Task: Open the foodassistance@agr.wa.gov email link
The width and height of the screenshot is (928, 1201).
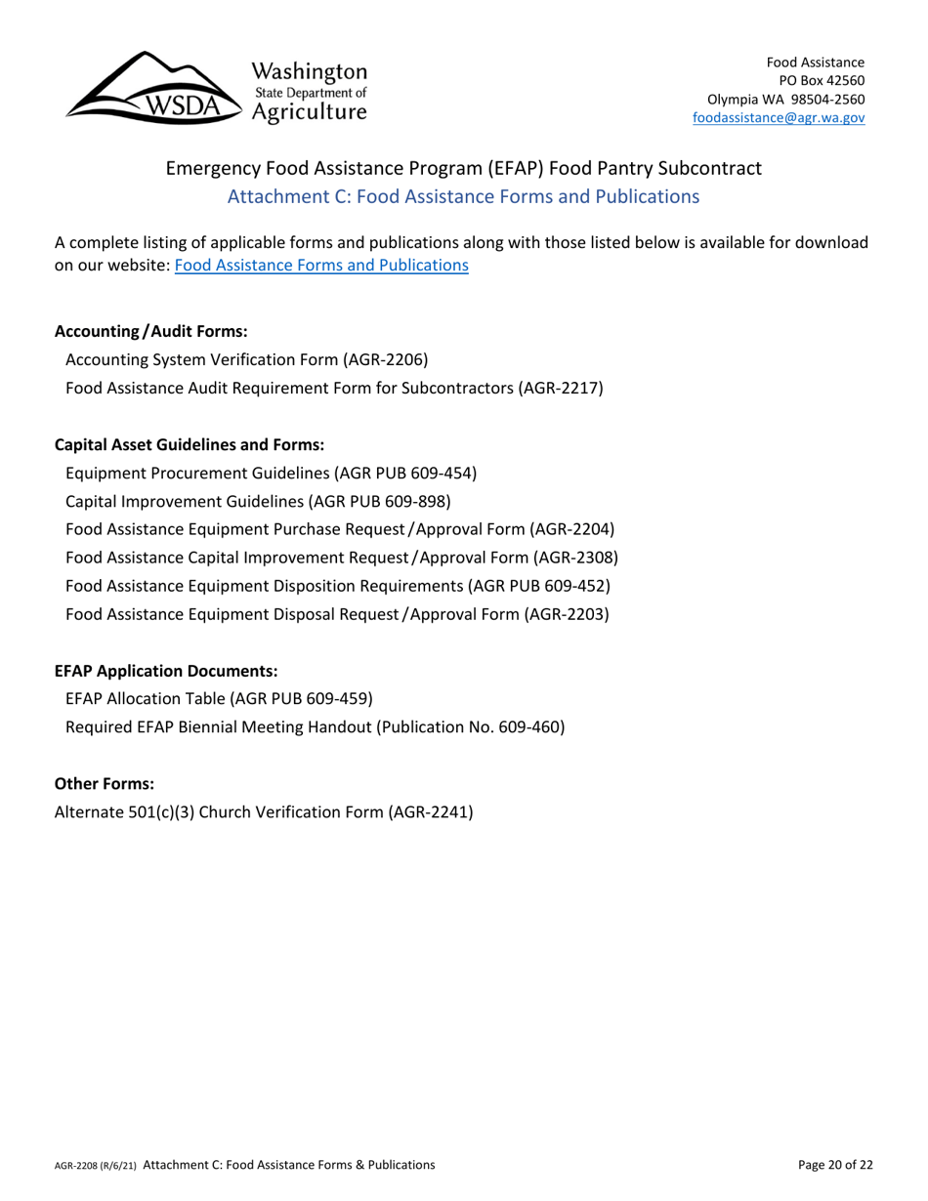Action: [x=776, y=117]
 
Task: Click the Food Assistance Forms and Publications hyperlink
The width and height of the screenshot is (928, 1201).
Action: [x=320, y=265]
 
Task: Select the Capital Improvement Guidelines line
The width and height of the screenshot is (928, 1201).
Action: [x=257, y=501]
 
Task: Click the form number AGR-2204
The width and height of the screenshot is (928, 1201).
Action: [x=570, y=529]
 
